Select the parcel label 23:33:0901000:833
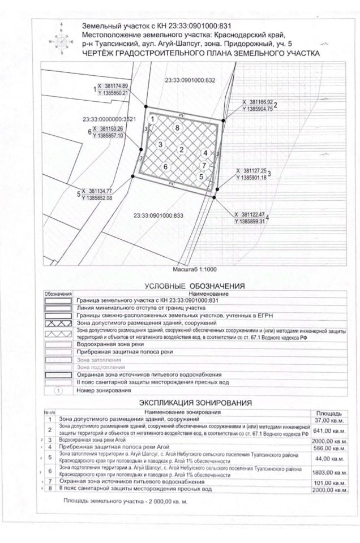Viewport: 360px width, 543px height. pyautogui.click(x=160, y=216)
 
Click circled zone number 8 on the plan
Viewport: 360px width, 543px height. pyautogui.click(x=178, y=128)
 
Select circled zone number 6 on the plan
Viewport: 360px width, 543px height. pyautogui.click(x=165, y=167)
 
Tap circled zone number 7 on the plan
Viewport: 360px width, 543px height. pyautogui.click(x=203, y=165)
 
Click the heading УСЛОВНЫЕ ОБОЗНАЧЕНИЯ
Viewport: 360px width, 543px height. pyautogui.click(x=194, y=286)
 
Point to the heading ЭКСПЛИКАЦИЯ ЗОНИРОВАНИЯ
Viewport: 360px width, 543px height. pyautogui.click(x=195, y=402)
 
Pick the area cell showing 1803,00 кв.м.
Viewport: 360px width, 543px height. pyautogui.click(x=328, y=472)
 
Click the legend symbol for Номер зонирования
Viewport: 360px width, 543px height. pyautogui.click(x=58, y=390)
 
